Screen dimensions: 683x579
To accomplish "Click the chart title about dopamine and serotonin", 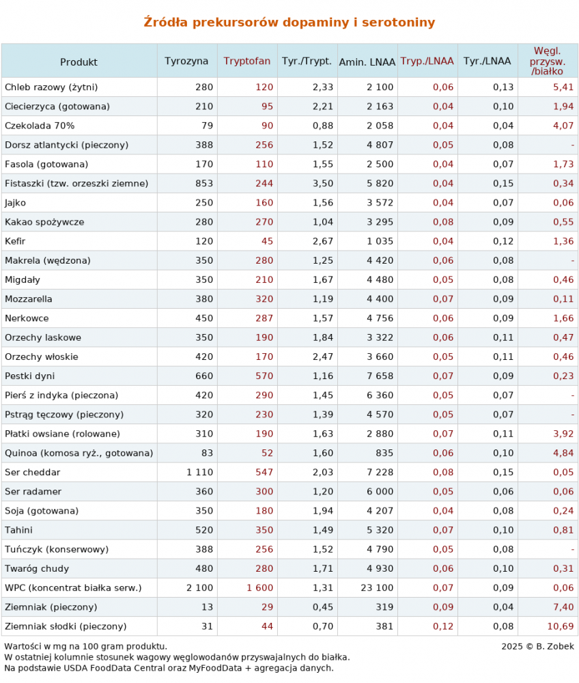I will click(x=289, y=23).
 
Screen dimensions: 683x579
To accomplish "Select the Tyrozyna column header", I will click(x=186, y=61).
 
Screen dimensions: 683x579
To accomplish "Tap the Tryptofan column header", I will click(x=247, y=61).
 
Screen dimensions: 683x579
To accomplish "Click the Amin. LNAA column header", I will click(x=367, y=61).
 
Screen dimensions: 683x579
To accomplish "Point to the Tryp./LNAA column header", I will click(x=427, y=61).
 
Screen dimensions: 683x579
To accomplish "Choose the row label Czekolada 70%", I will click(x=40, y=126).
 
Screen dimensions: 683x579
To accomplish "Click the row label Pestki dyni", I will click(x=30, y=376).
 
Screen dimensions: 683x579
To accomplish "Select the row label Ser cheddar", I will click(x=33, y=472).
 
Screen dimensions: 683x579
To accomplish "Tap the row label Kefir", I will click(x=16, y=241).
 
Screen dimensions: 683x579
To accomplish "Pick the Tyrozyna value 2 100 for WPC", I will click(x=200, y=587).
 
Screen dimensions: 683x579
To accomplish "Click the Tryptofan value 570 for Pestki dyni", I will click(x=264, y=376).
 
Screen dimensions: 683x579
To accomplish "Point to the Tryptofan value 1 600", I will click(x=260, y=587).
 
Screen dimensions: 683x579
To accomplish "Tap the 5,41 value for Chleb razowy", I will click(x=564, y=87).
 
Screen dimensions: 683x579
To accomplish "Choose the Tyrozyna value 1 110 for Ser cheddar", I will click(x=200, y=472).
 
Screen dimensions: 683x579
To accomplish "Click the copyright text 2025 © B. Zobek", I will click(x=537, y=646).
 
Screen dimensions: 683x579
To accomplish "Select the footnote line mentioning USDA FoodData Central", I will click(x=169, y=668).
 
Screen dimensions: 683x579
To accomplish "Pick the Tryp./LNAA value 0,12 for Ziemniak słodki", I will click(x=443, y=626).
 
